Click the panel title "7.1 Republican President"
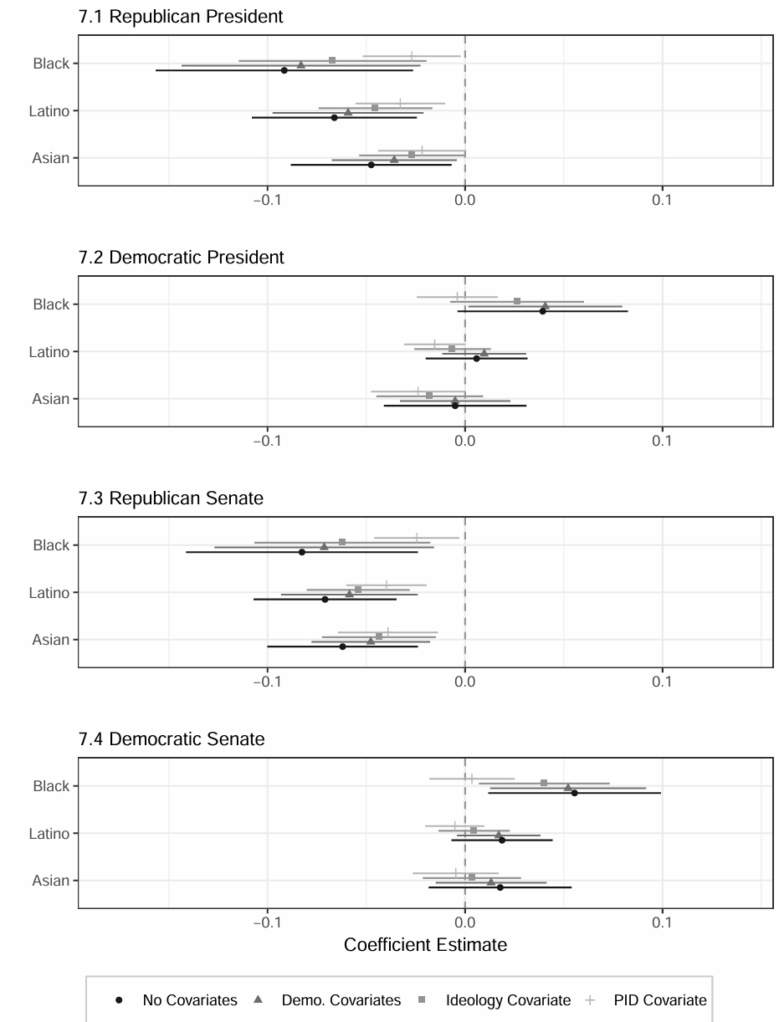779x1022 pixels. pyautogui.click(x=181, y=17)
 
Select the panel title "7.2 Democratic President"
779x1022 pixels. pyautogui.click(x=182, y=258)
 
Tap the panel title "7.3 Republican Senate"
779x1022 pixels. pyautogui.click(x=171, y=498)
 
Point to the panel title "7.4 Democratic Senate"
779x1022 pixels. pyautogui.click(x=172, y=739)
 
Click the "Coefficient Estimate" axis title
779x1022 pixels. pyautogui.click(x=425, y=945)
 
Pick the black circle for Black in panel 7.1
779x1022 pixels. pyautogui.click(x=284, y=70)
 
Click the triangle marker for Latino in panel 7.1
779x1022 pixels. pyautogui.click(x=348, y=112)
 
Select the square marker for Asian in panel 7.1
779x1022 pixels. pyautogui.click(x=412, y=155)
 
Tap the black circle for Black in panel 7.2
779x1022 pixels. pyautogui.click(x=542, y=311)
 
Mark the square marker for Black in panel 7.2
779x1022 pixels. pyautogui.click(x=517, y=301)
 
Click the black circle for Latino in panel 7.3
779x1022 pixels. pyautogui.click(x=325, y=600)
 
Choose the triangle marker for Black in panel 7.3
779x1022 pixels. pyautogui.click(x=324, y=547)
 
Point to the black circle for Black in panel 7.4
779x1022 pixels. pyautogui.click(x=574, y=793)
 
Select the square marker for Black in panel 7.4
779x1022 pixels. pyautogui.click(x=544, y=783)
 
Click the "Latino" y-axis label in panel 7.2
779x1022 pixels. pyautogui.click(x=49, y=352)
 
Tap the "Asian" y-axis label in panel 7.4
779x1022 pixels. pyautogui.click(x=51, y=881)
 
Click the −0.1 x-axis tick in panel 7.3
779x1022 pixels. pyautogui.click(x=267, y=682)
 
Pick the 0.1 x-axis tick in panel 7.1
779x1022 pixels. pyautogui.click(x=662, y=200)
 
